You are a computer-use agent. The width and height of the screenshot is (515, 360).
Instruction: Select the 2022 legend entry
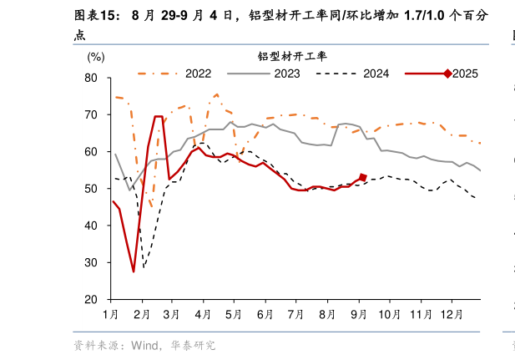(x=198, y=74)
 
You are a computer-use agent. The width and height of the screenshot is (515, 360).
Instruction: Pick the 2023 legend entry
(x=286, y=74)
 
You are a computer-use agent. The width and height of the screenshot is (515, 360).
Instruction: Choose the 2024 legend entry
(x=376, y=74)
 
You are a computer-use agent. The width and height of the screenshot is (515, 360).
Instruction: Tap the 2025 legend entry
(x=464, y=74)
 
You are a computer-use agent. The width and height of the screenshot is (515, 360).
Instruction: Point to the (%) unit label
(x=96, y=57)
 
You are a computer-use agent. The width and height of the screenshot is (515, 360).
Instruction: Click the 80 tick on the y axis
(x=92, y=78)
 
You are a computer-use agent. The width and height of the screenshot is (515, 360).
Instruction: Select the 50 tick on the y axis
(x=92, y=189)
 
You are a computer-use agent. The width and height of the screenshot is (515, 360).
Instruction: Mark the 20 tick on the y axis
(x=92, y=299)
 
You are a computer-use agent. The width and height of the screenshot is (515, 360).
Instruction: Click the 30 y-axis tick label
(x=92, y=262)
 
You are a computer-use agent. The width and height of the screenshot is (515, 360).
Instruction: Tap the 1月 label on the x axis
(x=110, y=314)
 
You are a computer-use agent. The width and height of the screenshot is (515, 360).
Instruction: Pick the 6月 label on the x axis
(x=265, y=314)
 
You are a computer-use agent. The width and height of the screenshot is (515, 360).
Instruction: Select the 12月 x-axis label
(x=452, y=314)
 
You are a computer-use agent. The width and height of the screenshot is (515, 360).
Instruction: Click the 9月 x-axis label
(x=359, y=314)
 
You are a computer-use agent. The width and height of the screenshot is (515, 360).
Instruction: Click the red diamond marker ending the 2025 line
(x=362, y=177)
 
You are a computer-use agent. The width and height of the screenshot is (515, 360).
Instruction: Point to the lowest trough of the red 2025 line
(x=134, y=271)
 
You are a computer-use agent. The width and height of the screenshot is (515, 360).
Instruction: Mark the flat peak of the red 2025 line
(x=159, y=117)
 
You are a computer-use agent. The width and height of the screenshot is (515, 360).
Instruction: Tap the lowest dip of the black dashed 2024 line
(x=144, y=267)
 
